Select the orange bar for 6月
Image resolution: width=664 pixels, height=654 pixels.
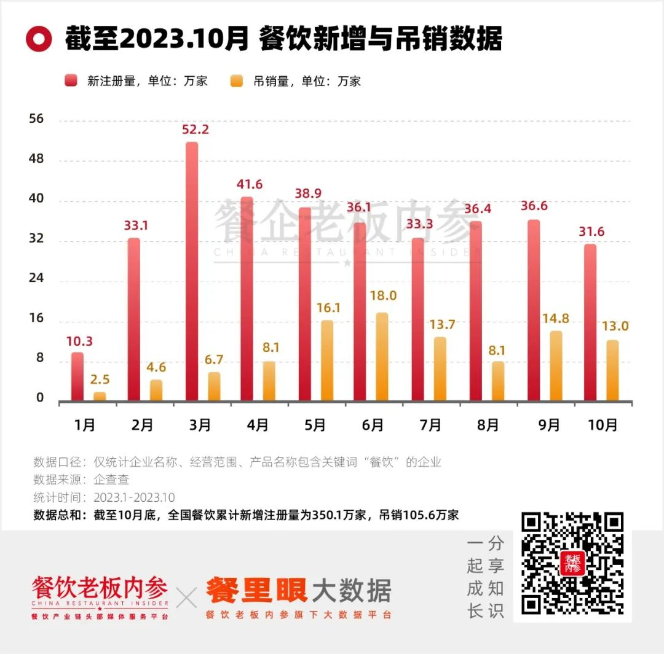click(x=382, y=357)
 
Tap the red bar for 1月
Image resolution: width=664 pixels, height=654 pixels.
click(x=77, y=376)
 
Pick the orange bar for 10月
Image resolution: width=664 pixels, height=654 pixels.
click(x=612, y=370)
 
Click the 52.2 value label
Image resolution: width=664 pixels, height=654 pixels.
click(x=196, y=130)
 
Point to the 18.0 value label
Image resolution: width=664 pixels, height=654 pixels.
click(x=384, y=296)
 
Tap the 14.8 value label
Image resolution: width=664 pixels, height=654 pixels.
click(x=556, y=319)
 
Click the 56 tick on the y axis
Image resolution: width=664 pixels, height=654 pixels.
click(x=37, y=119)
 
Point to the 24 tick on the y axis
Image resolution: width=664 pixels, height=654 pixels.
click(x=37, y=278)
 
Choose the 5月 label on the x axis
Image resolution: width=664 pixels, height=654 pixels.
click(x=314, y=424)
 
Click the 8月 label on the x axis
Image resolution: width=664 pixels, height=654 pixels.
click(x=487, y=424)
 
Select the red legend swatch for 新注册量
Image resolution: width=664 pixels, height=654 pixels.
click(x=72, y=81)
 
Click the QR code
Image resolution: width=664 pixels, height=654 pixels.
click(x=572, y=564)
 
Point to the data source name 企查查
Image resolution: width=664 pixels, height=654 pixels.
click(x=111, y=480)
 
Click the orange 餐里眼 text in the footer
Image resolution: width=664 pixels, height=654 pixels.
click(x=256, y=591)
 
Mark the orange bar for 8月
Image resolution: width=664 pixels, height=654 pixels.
click(x=498, y=381)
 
